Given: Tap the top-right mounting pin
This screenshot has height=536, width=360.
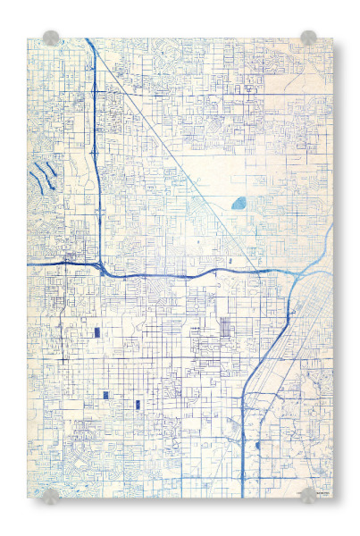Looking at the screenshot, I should [308, 38].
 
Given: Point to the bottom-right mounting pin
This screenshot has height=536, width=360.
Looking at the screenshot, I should [308, 495].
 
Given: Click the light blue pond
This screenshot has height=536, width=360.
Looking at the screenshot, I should [239, 203].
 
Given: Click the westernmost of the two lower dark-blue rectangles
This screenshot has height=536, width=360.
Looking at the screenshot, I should [105, 395].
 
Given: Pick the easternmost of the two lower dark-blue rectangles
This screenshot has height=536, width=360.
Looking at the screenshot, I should [138, 405].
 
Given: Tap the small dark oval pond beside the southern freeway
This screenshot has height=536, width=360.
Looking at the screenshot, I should [258, 444].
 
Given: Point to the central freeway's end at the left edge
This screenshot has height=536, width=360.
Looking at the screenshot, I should [30, 264].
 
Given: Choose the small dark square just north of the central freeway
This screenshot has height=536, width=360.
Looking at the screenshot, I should [230, 260].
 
